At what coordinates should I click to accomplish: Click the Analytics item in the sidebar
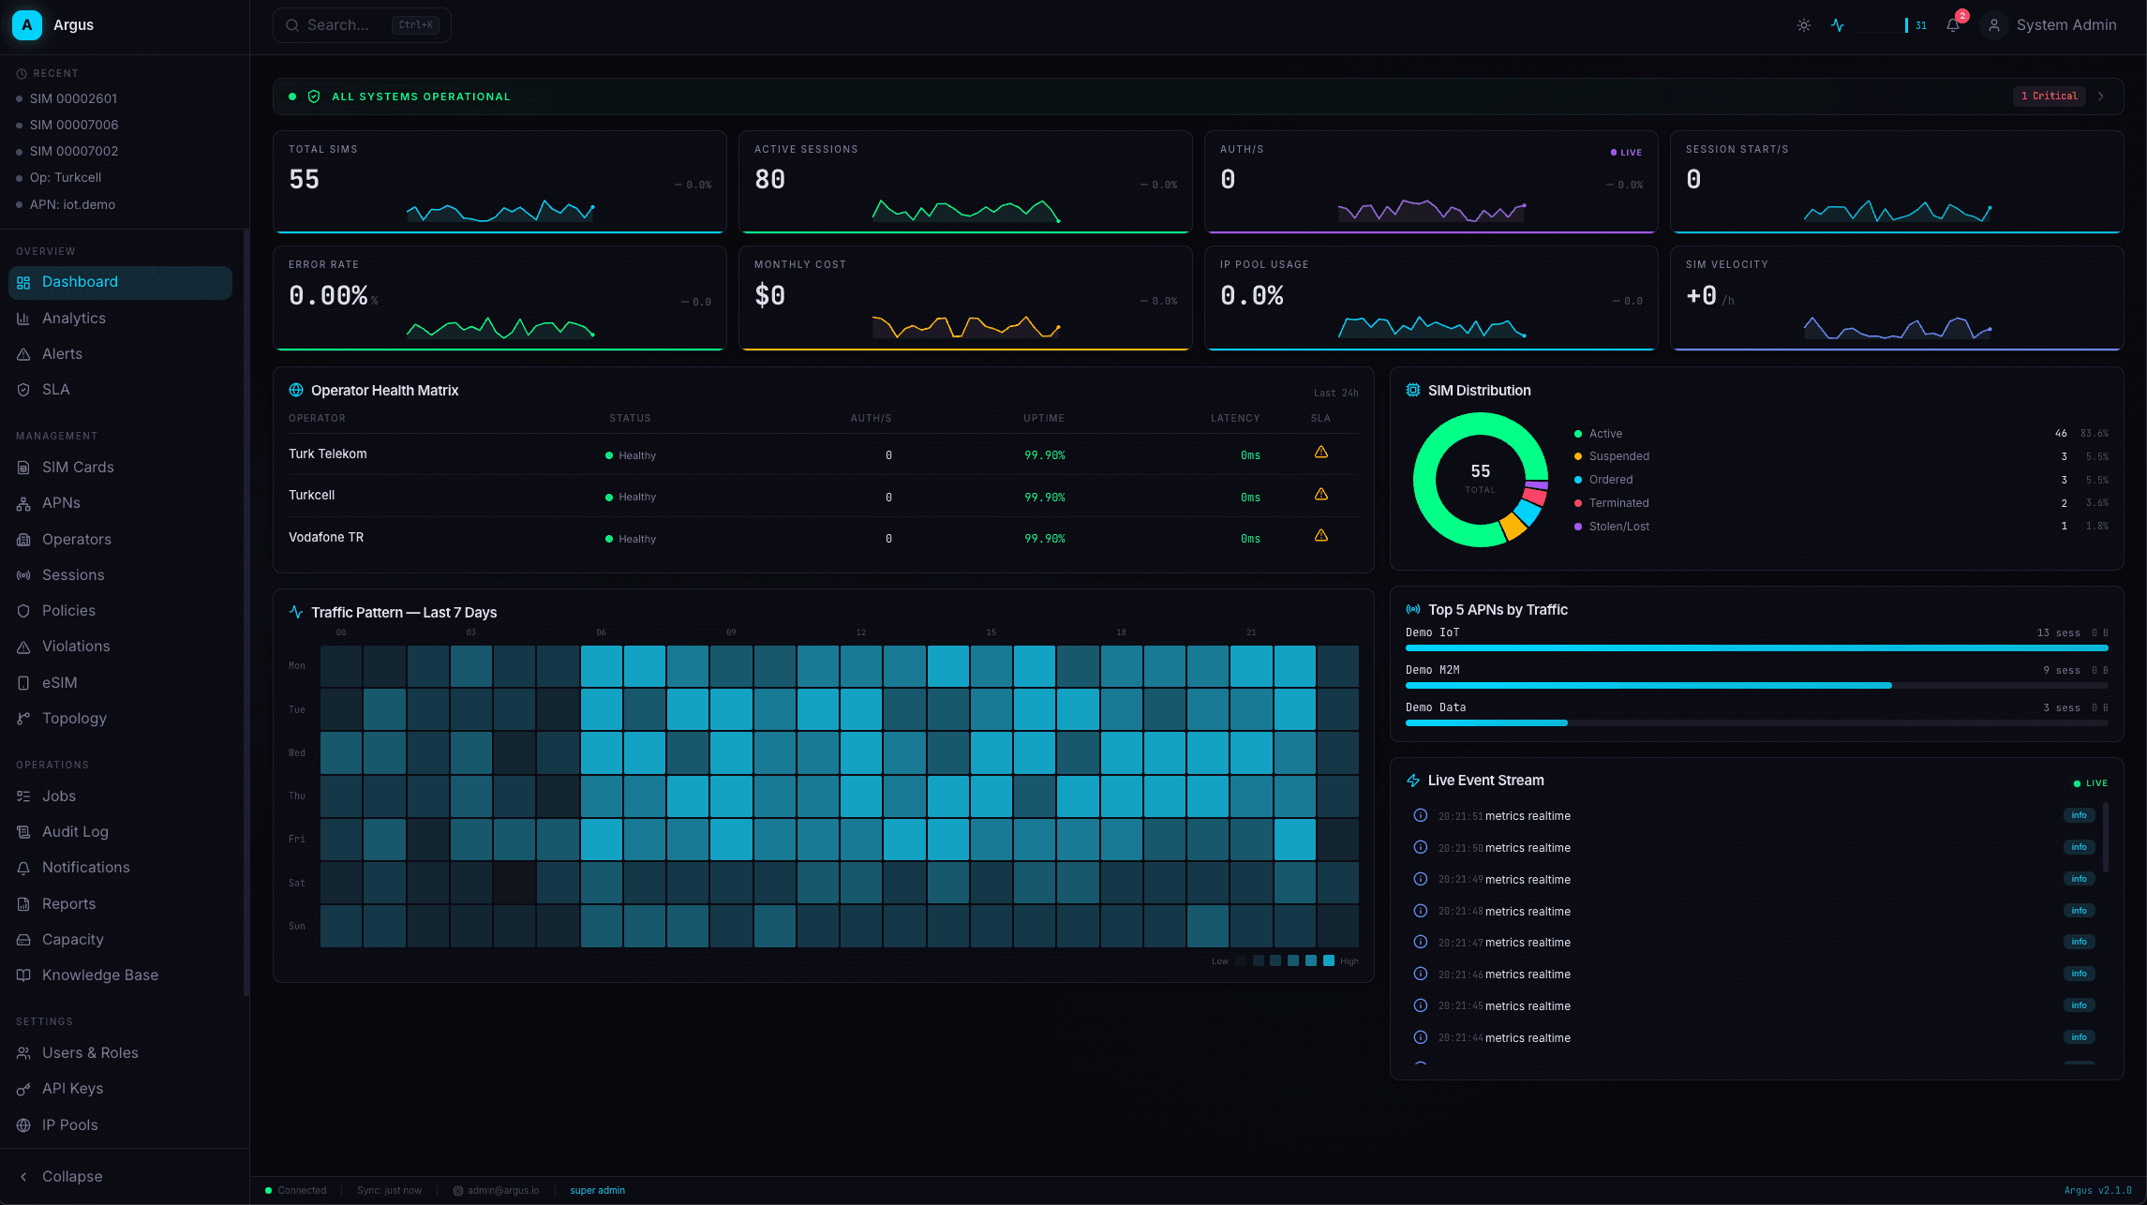(73, 319)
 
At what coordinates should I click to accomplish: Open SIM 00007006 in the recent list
(73, 125)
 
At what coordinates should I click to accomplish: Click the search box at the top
(361, 25)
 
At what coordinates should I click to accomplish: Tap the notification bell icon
(1953, 25)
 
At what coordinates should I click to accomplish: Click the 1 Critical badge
(2050, 96)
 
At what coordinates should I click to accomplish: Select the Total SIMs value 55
(304, 179)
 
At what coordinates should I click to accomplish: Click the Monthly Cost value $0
(769, 295)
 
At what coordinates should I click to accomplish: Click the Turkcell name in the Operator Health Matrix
(311, 495)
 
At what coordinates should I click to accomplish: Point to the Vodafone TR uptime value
(1044, 539)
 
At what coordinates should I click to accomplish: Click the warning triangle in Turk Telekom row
(1320, 453)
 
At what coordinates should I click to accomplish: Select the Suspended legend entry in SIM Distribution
(1618, 456)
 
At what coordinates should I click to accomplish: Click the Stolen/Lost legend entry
(1618, 527)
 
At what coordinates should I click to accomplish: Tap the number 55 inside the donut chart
(1480, 471)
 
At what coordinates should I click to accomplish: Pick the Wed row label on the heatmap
(296, 752)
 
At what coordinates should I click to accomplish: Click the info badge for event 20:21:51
(2079, 815)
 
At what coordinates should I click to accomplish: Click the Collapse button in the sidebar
(71, 1176)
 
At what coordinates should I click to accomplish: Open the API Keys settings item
(72, 1089)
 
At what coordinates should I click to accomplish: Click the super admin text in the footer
(597, 1190)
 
